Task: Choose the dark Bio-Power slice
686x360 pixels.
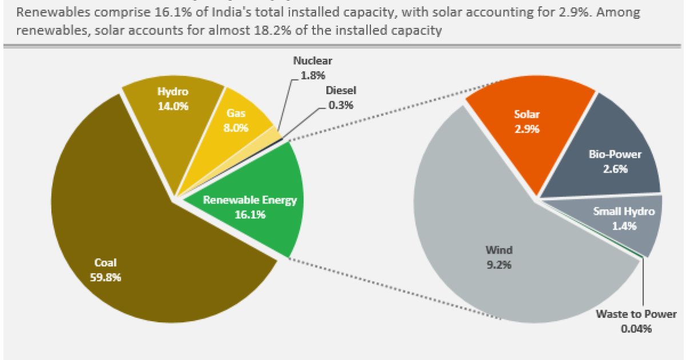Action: click(x=606, y=143)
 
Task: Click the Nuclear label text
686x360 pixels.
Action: click(x=312, y=61)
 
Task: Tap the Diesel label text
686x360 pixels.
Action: click(x=341, y=91)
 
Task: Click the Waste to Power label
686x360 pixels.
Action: click(x=636, y=314)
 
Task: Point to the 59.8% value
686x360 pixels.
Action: click(x=105, y=277)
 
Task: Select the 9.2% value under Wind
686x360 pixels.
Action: click(x=498, y=265)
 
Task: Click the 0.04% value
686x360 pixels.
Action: click(x=636, y=329)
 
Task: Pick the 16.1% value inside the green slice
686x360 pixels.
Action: click(x=250, y=215)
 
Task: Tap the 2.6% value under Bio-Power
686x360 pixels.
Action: click(x=615, y=169)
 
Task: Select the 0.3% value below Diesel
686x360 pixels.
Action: click(x=341, y=105)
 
